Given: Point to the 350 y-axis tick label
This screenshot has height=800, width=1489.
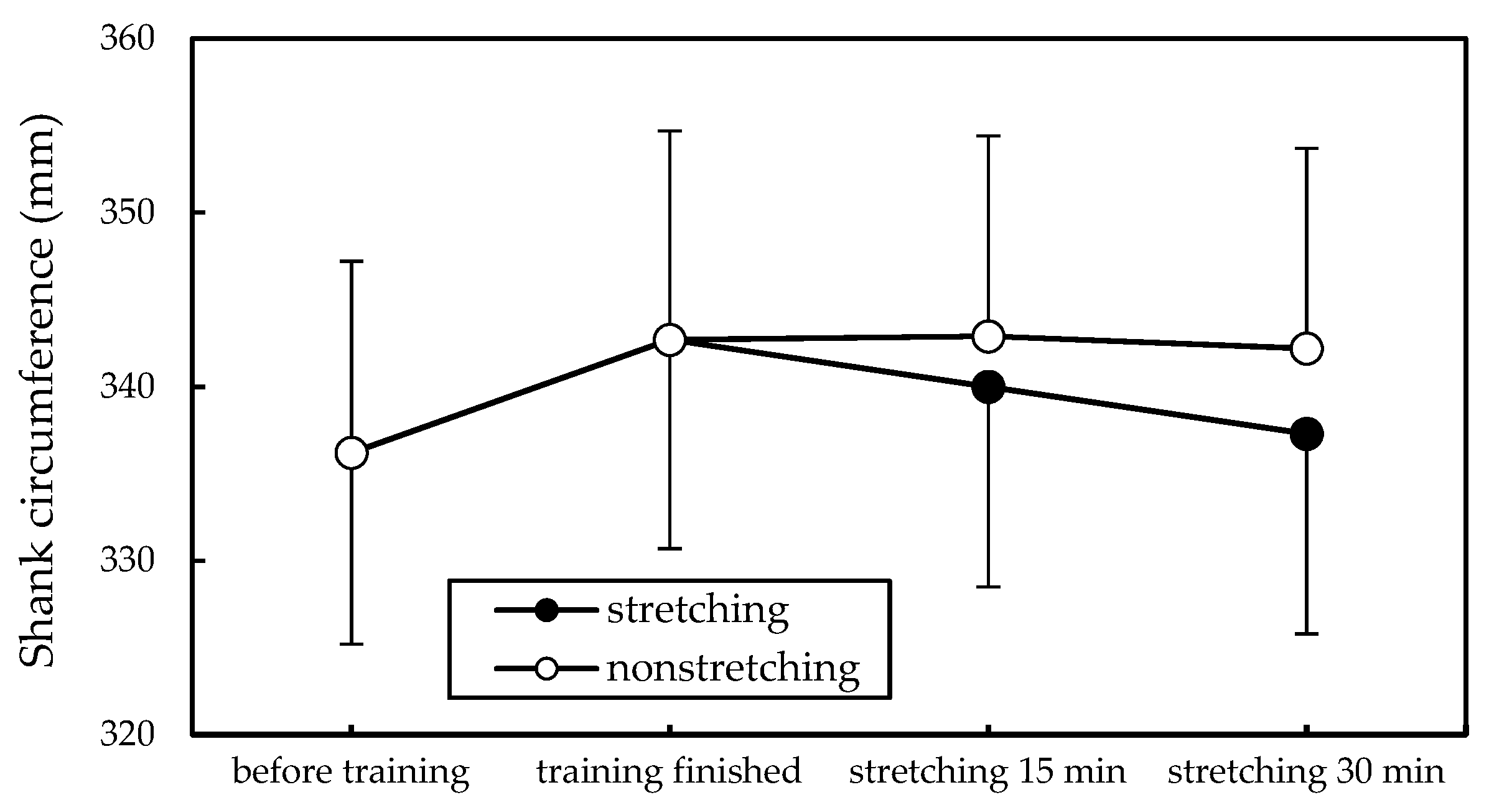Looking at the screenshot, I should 127,213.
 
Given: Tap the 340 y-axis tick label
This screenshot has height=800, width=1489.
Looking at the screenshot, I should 127,387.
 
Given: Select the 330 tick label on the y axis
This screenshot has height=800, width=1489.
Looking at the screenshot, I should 127,560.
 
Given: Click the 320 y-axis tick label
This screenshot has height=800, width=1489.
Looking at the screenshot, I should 127,735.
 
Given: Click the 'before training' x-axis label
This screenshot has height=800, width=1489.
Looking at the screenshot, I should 351,772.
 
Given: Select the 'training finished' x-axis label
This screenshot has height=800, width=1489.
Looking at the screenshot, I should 669,772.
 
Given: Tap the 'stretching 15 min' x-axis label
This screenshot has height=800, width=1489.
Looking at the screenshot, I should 987,772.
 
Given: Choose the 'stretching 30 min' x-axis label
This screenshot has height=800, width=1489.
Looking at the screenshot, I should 1306,772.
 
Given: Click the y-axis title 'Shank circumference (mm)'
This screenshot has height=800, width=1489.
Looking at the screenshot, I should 39,392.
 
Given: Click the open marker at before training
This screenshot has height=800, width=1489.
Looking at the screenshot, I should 352,453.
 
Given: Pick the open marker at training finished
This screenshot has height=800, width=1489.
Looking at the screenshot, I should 670,340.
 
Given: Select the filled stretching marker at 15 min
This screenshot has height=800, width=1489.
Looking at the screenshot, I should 987,388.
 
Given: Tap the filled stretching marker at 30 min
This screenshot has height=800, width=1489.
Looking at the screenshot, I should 1306,434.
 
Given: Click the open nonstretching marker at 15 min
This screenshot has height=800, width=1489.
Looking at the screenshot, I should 987,337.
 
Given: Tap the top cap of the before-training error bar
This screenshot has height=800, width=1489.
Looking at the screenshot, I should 352,261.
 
